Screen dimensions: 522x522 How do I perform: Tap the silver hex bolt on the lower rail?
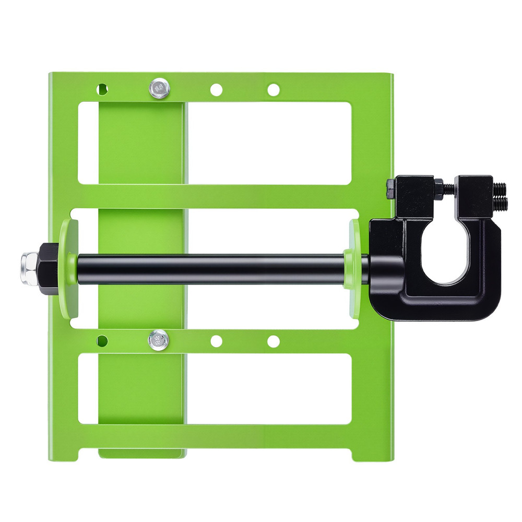[158, 340]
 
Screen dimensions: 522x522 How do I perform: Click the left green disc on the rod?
[68, 268]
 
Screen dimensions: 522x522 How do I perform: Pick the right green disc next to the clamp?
[353, 268]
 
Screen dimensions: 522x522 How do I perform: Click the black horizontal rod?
[209, 268]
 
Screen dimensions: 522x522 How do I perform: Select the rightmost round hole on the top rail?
[273, 90]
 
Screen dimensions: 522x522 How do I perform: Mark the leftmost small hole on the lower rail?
[102, 341]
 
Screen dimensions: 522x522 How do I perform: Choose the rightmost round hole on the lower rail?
[273, 341]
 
